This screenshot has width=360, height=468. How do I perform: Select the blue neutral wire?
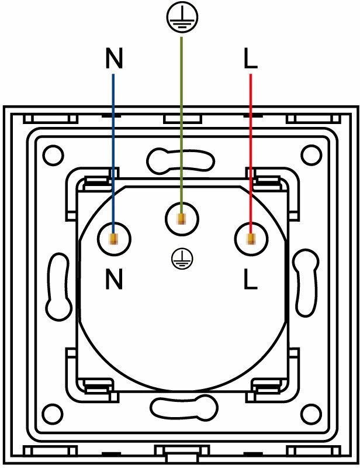[113, 146]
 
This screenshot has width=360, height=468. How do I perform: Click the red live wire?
[251, 146]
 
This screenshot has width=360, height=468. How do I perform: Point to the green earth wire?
[182, 117]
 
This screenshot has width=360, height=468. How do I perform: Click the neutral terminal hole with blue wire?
[114, 239]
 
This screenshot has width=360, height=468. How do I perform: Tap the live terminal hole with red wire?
[251, 239]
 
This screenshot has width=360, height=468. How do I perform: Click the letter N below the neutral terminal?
[114, 280]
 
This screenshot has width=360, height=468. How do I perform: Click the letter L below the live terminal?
[250, 280]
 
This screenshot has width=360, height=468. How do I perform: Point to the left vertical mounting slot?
[59, 285]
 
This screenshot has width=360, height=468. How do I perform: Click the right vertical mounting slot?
[304, 285]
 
